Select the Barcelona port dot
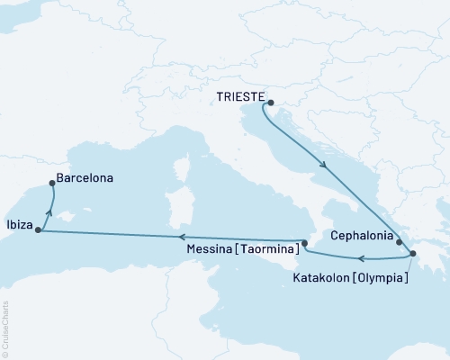[52, 184]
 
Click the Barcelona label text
[85, 179]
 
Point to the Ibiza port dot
[38, 230]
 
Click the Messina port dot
[304, 243]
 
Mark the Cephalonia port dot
[398, 241]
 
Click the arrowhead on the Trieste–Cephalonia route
[323, 165]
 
